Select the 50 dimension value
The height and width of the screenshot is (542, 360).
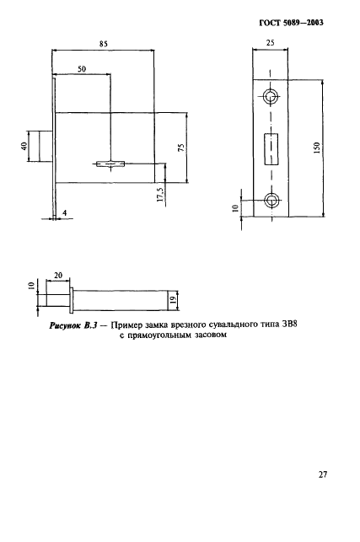tap(82, 70)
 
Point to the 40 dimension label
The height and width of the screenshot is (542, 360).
tap(24, 147)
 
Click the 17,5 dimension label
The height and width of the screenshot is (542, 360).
tap(160, 195)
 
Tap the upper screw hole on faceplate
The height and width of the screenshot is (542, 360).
tap(271, 96)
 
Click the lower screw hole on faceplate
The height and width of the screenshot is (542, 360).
tap(271, 201)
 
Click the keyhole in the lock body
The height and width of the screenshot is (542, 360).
tap(110, 162)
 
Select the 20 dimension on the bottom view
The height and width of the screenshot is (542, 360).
tap(57, 276)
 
